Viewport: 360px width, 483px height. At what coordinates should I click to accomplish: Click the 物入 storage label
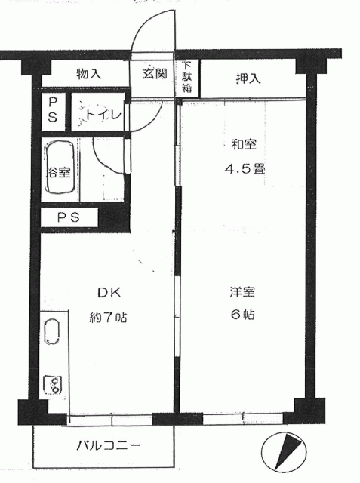pos(89,74)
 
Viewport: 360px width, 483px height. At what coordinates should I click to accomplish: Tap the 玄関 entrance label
pos(155,74)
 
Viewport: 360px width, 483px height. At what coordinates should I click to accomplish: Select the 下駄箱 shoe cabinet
pos(187,78)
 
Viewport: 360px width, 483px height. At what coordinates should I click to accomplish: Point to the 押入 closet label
pos(248,78)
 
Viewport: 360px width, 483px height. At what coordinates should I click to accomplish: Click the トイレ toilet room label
pos(103,115)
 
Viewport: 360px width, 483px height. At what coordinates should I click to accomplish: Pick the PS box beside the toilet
pos(53,111)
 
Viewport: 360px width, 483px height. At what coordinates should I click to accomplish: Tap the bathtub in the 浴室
pos(60,168)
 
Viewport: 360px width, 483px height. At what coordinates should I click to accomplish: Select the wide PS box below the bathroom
pos(69,217)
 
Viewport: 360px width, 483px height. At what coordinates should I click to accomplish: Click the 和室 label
pos(244,144)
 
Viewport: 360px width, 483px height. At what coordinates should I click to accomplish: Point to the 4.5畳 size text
pos(245,168)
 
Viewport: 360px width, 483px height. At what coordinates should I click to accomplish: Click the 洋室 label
pos(242,292)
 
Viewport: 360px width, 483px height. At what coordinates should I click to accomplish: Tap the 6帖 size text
pos(242,315)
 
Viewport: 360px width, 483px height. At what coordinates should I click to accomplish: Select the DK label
pos(109,292)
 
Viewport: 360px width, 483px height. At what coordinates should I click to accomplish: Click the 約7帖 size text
pos(108,317)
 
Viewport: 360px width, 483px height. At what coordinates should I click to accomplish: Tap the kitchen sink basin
pos(52,331)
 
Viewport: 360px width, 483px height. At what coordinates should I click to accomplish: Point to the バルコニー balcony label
pos(108,445)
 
